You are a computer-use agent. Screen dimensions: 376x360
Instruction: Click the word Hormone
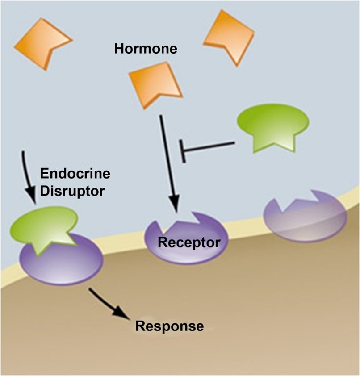click(146, 49)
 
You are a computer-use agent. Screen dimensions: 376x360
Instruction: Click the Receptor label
click(189, 243)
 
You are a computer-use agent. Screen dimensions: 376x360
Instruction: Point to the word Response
click(169, 326)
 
